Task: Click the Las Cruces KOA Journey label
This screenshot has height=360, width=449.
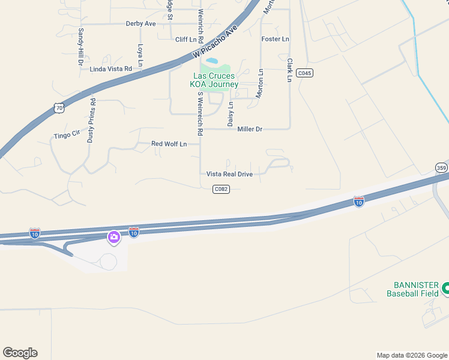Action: (214, 80)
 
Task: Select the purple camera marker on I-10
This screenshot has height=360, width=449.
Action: (113, 238)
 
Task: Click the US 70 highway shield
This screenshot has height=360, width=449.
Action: (58, 107)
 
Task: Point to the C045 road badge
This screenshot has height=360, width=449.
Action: (304, 73)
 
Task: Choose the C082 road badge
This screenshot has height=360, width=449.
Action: (221, 189)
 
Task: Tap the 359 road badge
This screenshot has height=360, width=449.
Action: (442, 168)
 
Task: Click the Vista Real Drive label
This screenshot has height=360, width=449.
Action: (229, 174)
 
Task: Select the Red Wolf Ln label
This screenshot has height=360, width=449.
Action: (169, 144)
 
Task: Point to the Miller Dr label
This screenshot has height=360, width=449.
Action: (250, 129)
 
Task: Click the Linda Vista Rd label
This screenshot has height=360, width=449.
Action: (110, 69)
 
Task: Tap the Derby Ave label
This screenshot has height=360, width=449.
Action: (140, 24)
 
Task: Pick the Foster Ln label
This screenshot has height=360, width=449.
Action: (276, 39)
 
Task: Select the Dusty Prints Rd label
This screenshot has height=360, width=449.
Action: (91, 121)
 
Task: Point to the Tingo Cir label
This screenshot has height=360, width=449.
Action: (67, 134)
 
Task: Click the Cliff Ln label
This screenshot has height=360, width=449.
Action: (186, 40)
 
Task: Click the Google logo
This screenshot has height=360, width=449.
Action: (20, 353)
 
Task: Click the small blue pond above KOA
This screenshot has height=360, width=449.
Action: (212, 61)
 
